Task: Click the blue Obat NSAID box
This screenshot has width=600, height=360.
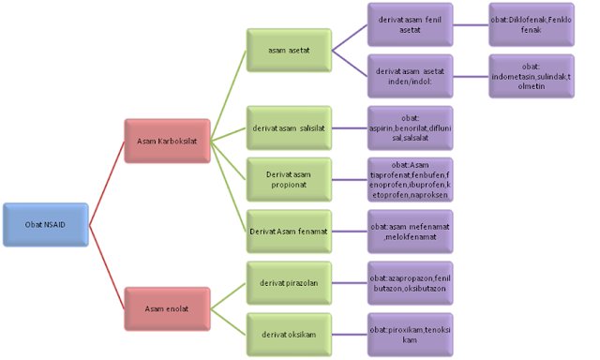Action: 45,225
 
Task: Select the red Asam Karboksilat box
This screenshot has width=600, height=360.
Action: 166,142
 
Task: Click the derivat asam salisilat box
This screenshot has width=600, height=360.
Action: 288,128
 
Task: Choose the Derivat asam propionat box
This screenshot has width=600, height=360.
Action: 288,180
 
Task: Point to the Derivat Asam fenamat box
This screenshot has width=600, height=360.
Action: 288,230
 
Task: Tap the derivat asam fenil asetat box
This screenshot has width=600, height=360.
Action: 410,25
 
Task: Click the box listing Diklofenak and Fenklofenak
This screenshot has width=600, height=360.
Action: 532,25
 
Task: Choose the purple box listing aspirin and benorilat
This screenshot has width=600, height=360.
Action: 410,128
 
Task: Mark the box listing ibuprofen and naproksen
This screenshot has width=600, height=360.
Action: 410,180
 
